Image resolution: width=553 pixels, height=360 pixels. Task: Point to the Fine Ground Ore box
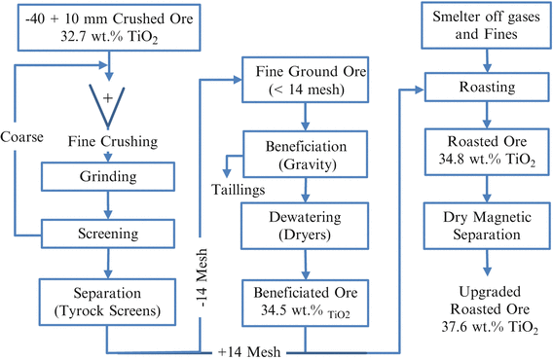click(x=308, y=83)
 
